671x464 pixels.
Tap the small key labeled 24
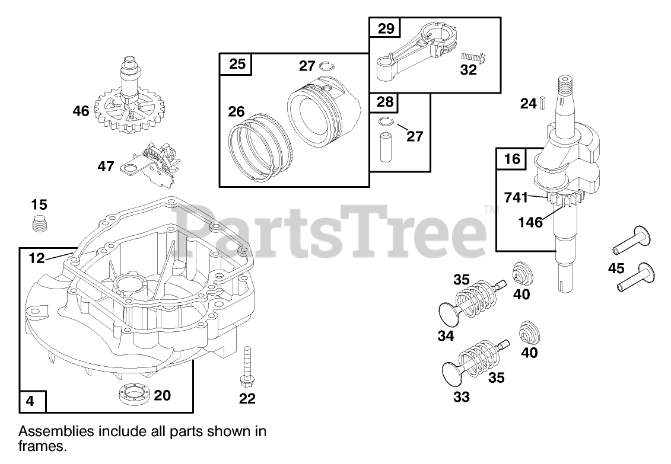coord(542,104)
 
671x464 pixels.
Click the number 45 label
coord(616,268)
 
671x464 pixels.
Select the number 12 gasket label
coord(36,258)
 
